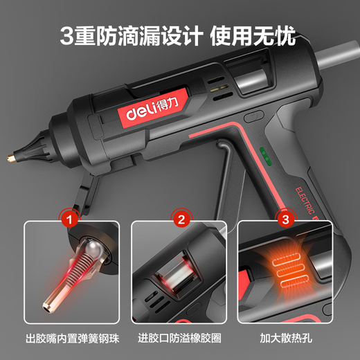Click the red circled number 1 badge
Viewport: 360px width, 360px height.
click(x=69, y=222)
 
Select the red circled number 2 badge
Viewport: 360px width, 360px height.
click(x=181, y=222)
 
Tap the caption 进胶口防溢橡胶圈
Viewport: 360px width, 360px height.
click(x=181, y=341)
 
